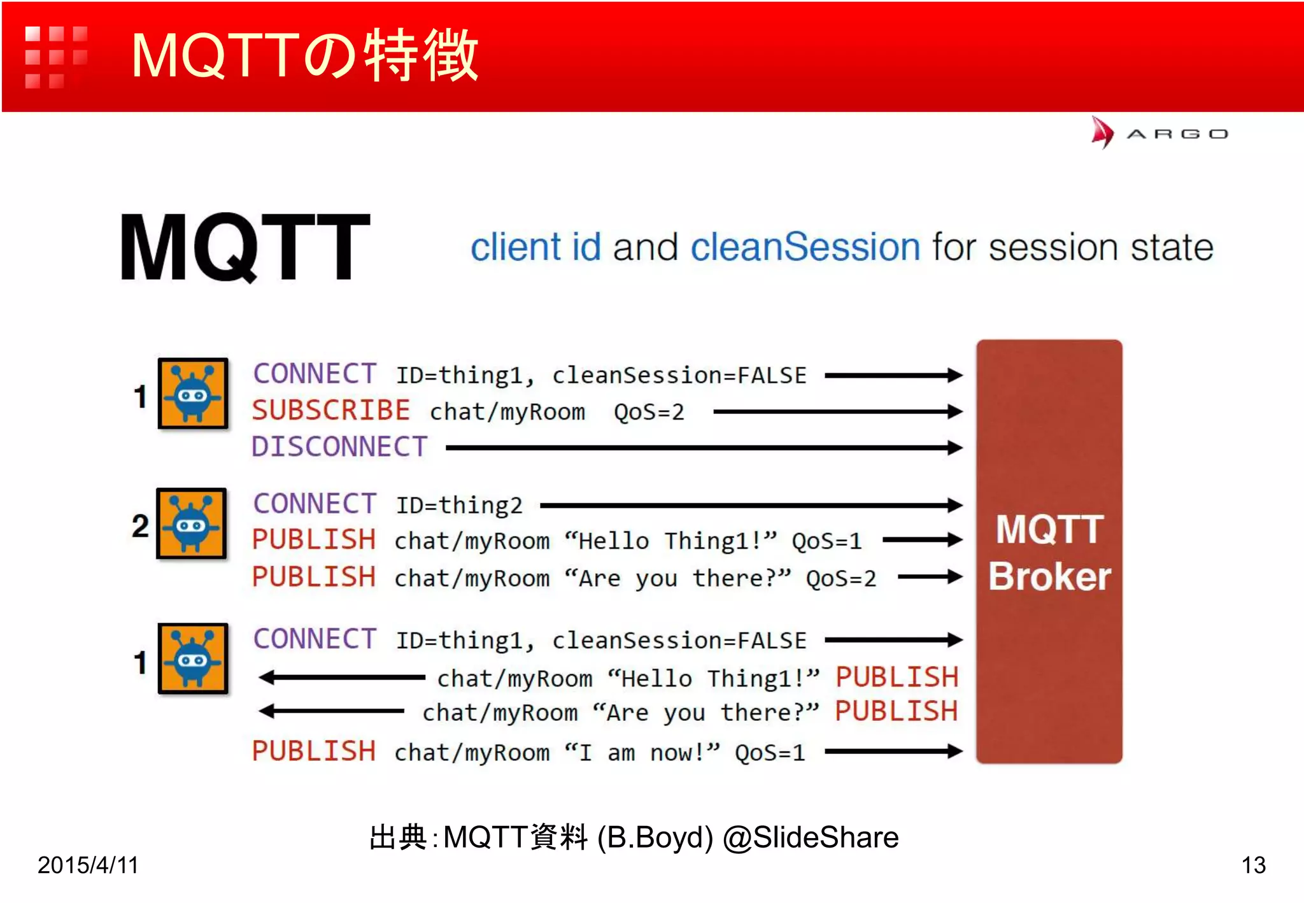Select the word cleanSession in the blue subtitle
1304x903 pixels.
pos(805,247)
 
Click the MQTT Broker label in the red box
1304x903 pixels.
pos(1049,553)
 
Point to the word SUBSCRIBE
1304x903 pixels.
pos(330,411)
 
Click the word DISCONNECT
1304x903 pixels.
pos(339,447)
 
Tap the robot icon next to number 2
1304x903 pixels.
pos(192,523)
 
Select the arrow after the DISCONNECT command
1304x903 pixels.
pos(703,448)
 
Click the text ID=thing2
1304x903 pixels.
pos(459,506)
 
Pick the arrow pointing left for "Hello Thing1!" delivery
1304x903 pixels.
pos(341,678)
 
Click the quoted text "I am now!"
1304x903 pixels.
pos(642,753)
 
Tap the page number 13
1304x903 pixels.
pos(1253,865)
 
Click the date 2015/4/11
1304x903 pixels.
pos(88,865)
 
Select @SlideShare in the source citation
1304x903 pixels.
pos(810,837)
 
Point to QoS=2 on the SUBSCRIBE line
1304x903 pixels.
pos(648,412)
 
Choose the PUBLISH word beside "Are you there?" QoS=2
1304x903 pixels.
pos(313,577)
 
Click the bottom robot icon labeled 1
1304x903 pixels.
pos(193,658)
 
